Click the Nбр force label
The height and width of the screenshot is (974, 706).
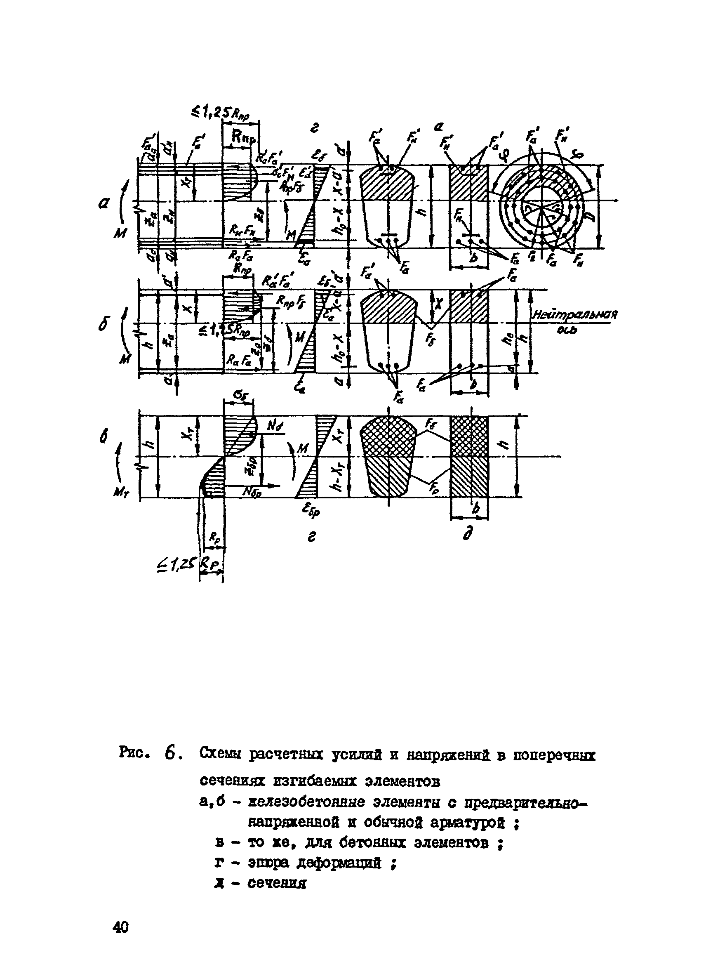pyautogui.click(x=242, y=493)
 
